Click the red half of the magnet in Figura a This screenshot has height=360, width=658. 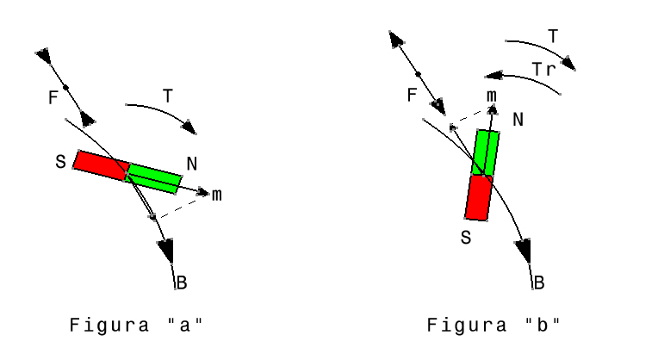tap(102, 165)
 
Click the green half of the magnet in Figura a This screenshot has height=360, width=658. tap(153, 179)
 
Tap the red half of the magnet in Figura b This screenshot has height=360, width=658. tap(478, 197)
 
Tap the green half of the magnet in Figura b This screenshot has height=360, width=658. tap(486, 152)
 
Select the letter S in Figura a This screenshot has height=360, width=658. tap(61, 162)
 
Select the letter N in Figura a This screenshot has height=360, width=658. tap(192, 164)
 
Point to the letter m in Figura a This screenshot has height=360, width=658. tap(216, 196)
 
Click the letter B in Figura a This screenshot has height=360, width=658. tap(182, 282)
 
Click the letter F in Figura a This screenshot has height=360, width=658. tap(53, 97)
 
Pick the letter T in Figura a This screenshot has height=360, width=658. tap(168, 96)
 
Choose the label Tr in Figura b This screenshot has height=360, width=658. tap(543, 69)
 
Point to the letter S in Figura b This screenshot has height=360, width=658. tap(466, 238)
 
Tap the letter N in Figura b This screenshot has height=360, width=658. tap(518, 120)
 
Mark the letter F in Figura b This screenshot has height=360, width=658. tap(412, 96)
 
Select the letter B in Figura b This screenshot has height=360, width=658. tap(539, 282)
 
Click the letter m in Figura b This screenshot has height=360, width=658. tap(492, 96)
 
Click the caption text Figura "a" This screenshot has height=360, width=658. tap(136, 326)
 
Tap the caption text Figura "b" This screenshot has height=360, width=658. tap(493, 326)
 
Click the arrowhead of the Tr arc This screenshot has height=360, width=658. tap(493, 76)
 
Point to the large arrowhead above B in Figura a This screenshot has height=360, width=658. tap(166, 250)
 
